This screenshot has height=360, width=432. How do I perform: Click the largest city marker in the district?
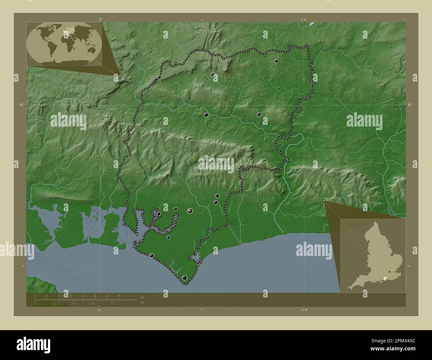[x=190, y=211]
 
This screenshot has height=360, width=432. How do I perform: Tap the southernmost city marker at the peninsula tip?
[x=185, y=278]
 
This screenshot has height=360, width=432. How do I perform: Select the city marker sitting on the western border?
[x=160, y=77]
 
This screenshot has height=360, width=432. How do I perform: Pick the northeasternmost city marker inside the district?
[x=276, y=61]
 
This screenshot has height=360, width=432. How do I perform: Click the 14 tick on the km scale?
[x=119, y=298]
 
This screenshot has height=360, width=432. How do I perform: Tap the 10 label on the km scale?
[x=95, y=296]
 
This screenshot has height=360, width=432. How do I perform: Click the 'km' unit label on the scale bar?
[x=143, y=297]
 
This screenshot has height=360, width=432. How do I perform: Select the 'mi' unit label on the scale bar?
[x=142, y=303]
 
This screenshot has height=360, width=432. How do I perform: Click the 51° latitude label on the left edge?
[x=22, y=105]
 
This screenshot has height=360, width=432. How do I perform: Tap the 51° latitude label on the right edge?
[x=410, y=105]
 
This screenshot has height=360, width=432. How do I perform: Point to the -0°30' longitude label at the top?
[x=303, y=20]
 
